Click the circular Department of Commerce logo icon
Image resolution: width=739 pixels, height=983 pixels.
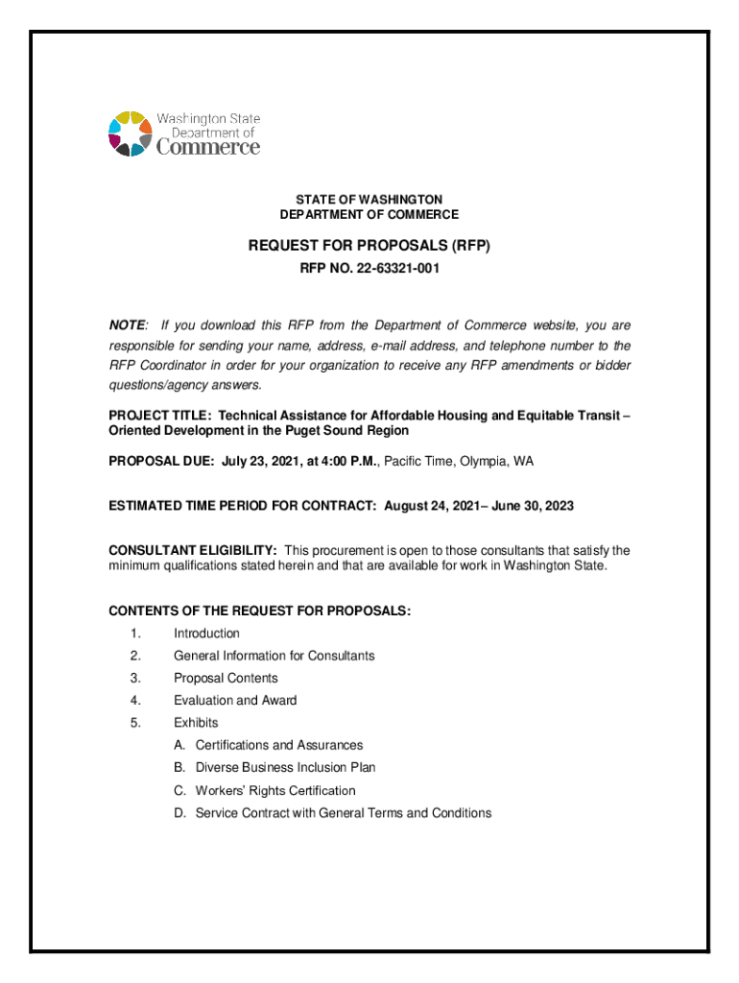[x=131, y=133]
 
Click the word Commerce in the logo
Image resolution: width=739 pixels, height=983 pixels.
[x=207, y=148]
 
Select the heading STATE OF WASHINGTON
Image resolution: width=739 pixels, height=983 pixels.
[x=369, y=199]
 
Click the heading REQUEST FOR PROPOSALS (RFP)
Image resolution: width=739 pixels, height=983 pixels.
[x=369, y=246]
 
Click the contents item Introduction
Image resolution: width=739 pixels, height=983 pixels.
[x=206, y=634]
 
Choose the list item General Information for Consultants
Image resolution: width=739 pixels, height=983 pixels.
[x=274, y=656]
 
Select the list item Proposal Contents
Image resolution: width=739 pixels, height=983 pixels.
[x=226, y=678]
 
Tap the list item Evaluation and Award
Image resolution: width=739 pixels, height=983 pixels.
[x=235, y=701]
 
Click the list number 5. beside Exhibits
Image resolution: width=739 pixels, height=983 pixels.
[x=135, y=723]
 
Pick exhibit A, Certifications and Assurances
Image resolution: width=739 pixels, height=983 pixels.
[x=278, y=745]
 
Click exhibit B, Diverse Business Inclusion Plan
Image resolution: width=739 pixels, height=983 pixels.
[x=285, y=768]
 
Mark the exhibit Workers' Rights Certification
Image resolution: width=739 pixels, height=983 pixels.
[x=274, y=791]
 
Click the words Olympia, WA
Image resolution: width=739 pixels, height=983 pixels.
[x=495, y=461]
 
